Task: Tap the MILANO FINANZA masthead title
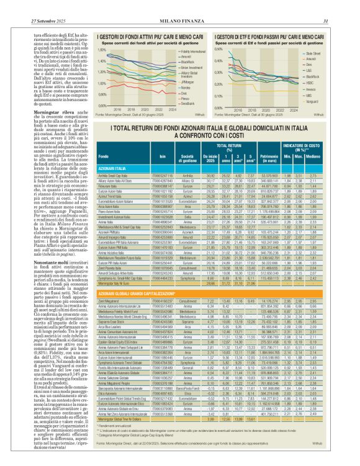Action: (179, 5)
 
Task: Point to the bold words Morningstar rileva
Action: (37, 114)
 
